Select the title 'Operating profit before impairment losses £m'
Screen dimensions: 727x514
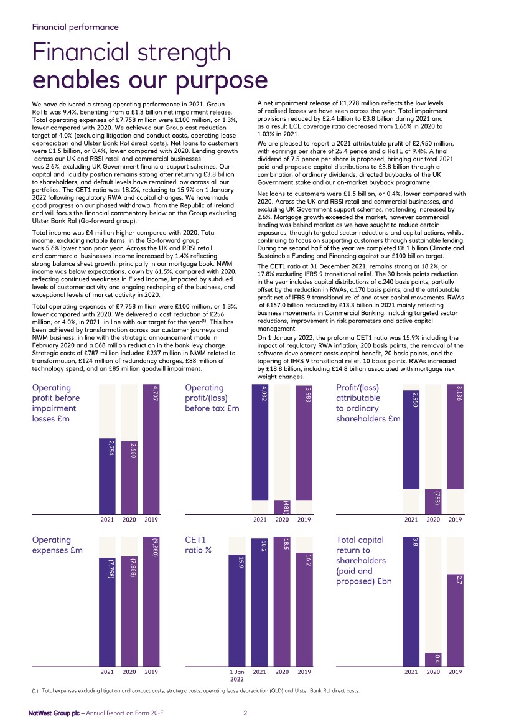56,403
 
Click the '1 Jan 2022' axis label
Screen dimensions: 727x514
237,675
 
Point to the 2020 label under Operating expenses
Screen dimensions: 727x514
129,672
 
